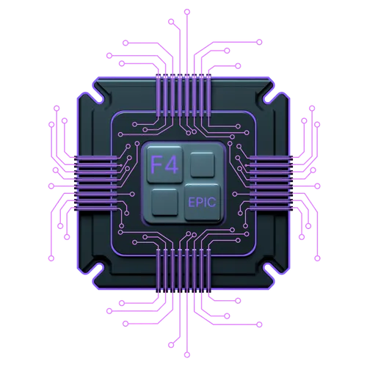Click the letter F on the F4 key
[x=155, y=164]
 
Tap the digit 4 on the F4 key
[x=171, y=164]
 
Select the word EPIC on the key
[x=202, y=202]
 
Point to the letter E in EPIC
[x=191, y=202]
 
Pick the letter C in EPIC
[x=212, y=202]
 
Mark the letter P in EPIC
[x=198, y=202]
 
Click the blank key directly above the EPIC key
[x=203, y=164]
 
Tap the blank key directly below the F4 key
[x=164, y=202]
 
